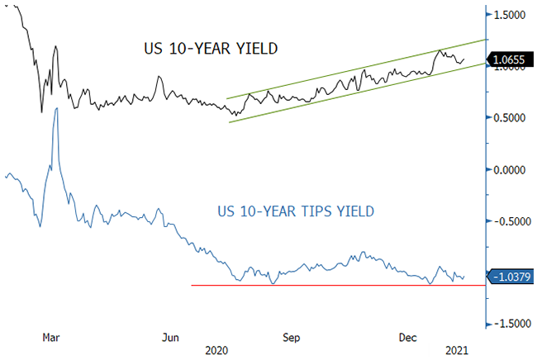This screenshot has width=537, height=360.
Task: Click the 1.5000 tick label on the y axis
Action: pos(511,15)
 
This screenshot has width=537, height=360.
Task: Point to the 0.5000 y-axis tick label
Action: pos(511,118)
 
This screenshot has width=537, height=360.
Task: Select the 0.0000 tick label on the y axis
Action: pos(511,170)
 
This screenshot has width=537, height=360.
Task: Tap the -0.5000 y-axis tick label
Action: pos(509,221)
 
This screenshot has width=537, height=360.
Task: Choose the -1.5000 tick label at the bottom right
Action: pos(509,324)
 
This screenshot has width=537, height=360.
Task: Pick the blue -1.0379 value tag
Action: pos(511,277)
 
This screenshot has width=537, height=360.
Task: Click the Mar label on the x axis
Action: pos(51,338)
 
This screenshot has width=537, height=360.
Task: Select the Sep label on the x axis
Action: pos(292,338)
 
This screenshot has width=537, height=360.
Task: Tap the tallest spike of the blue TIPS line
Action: pos(56,109)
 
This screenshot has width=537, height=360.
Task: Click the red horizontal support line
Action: pos(330,286)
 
